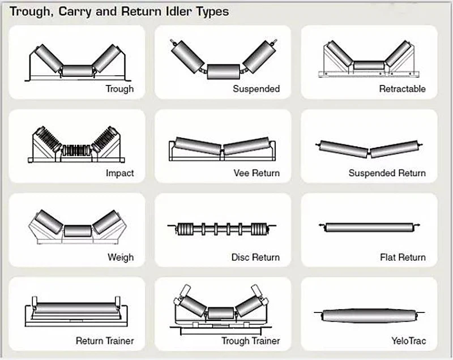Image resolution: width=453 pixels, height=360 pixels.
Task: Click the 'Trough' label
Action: [119, 89]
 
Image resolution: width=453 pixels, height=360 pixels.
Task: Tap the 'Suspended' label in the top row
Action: [256, 89]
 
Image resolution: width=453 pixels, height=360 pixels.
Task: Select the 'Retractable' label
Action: [402, 89]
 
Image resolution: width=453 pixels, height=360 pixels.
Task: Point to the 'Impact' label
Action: [119, 173]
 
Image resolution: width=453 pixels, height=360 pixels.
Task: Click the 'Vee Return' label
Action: [257, 173]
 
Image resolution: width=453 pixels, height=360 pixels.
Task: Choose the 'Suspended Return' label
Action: [387, 173]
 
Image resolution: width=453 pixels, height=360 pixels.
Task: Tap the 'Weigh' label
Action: [121, 258]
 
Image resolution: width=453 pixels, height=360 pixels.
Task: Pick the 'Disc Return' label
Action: [255, 258]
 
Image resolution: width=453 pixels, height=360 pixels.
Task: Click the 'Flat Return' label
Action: [403, 258]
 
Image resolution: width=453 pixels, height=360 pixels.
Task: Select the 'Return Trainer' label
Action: [105, 341]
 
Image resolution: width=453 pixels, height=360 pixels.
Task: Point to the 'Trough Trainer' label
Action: [250, 341]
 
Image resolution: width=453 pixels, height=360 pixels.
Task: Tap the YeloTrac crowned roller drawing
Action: [370, 315]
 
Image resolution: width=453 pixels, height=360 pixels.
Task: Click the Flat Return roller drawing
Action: [369, 228]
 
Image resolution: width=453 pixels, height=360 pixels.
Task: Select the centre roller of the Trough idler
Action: [77, 71]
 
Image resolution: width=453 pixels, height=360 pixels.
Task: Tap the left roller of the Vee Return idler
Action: [198, 145]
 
